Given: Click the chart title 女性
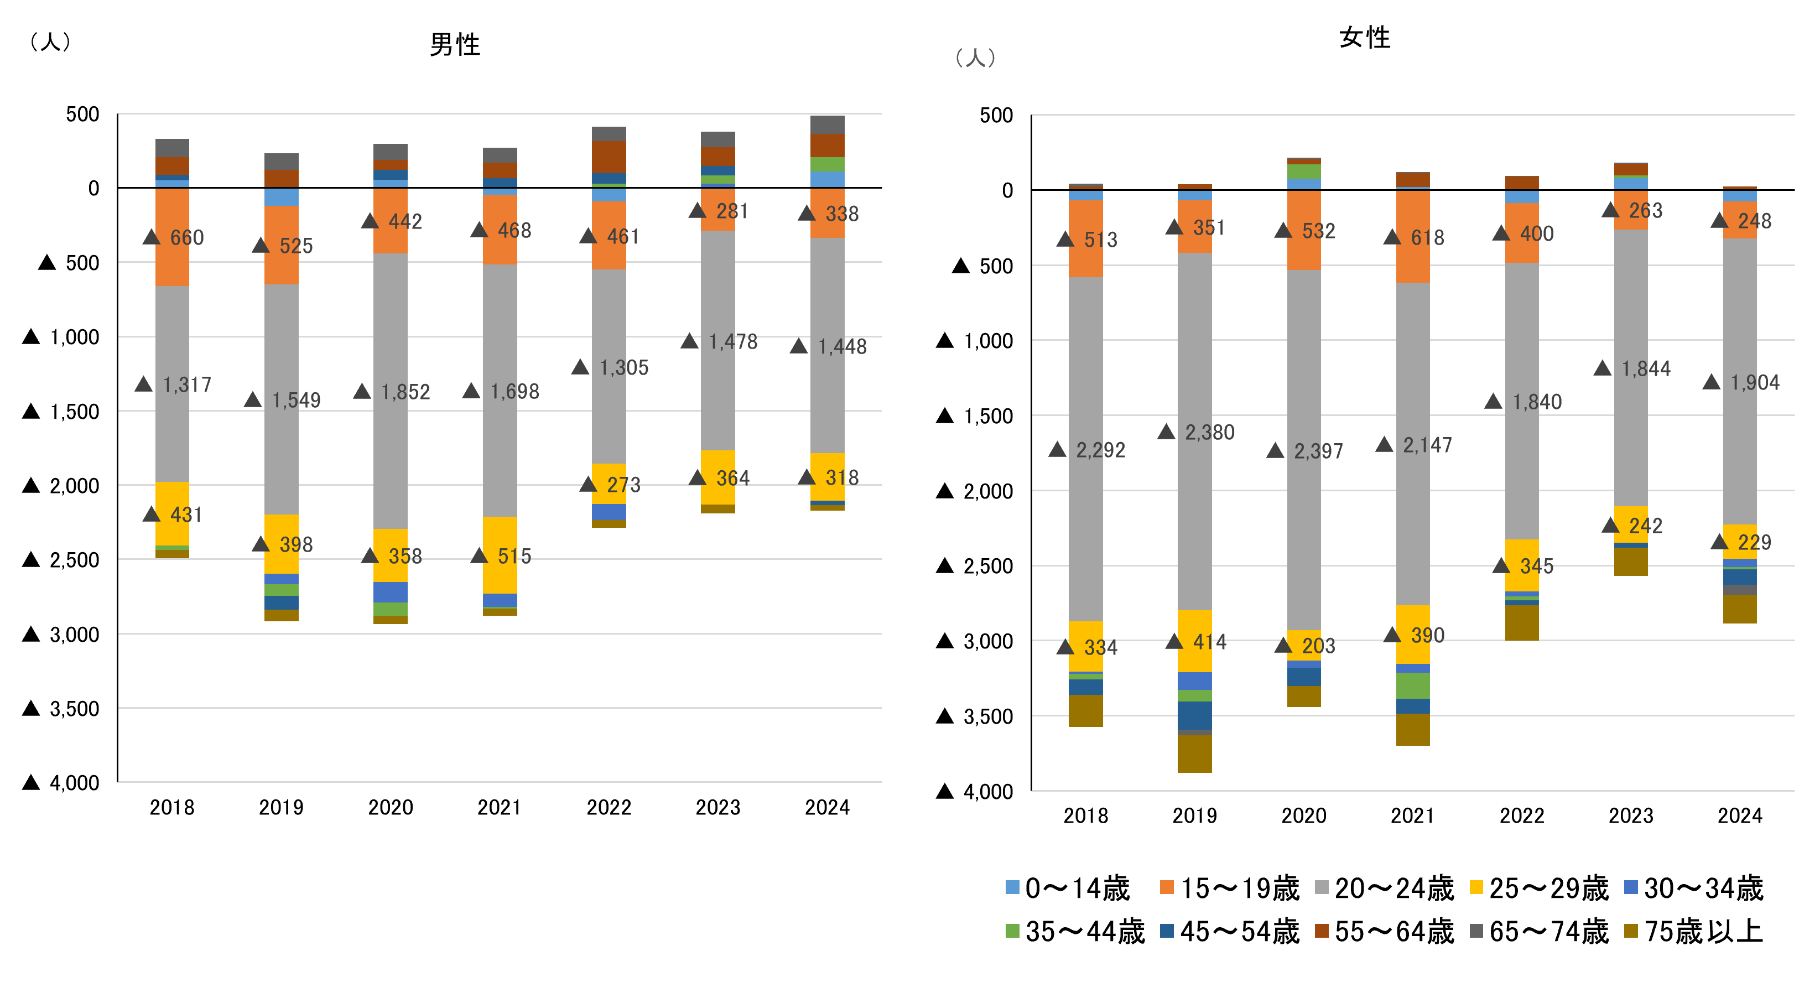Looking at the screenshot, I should click(1364, 38).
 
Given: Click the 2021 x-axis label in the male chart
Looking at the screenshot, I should click(499, 807).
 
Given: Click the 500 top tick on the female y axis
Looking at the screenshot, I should click(996, 115).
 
